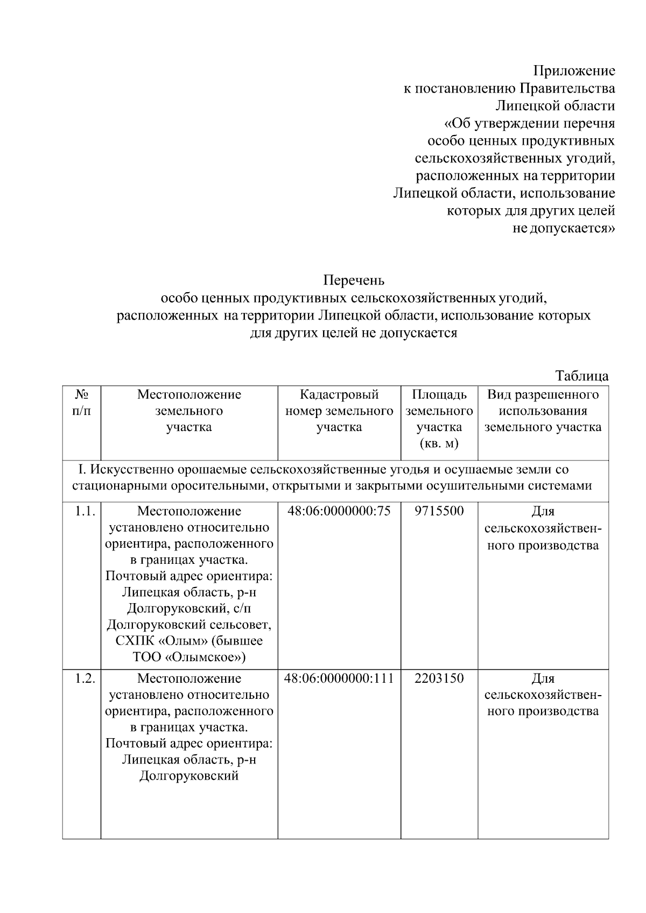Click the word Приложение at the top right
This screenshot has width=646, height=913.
pyautogui.click(x=574, y=70)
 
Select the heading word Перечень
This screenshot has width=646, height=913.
pyautogui.click(x=354, y=280)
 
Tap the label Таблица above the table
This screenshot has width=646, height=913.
pyautogui.click(x=581, y=376)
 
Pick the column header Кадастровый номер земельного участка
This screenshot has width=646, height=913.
pyautogui.click(x=339, y=411)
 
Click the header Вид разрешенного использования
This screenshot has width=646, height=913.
pyautogui.click(x=543, y=403)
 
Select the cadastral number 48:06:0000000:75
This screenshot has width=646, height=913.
pyautogui.click(x=339, y=511)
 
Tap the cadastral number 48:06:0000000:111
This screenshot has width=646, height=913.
pyautogui.click(x=339, y=678)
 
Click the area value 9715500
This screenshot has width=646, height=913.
pyautogui.click(x=439, y=511)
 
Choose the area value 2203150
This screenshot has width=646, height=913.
pyautogui.click(x=439, y=678)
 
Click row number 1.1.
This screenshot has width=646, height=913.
pyautogui.click(x=85, y=511)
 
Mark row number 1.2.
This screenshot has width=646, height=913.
pyautogui.click(x=85, y=678)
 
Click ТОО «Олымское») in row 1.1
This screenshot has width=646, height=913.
pyautogui.click(x=189, y=657)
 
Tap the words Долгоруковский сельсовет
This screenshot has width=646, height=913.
pyautogui.click(x=189, y=625)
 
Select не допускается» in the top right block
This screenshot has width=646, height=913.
pyautogui.click(x=564, y=228)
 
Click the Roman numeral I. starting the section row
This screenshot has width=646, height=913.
pyautogui.click(x=82, y=470)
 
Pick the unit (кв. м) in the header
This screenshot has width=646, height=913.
pyautogui.click(x=439, y=444)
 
